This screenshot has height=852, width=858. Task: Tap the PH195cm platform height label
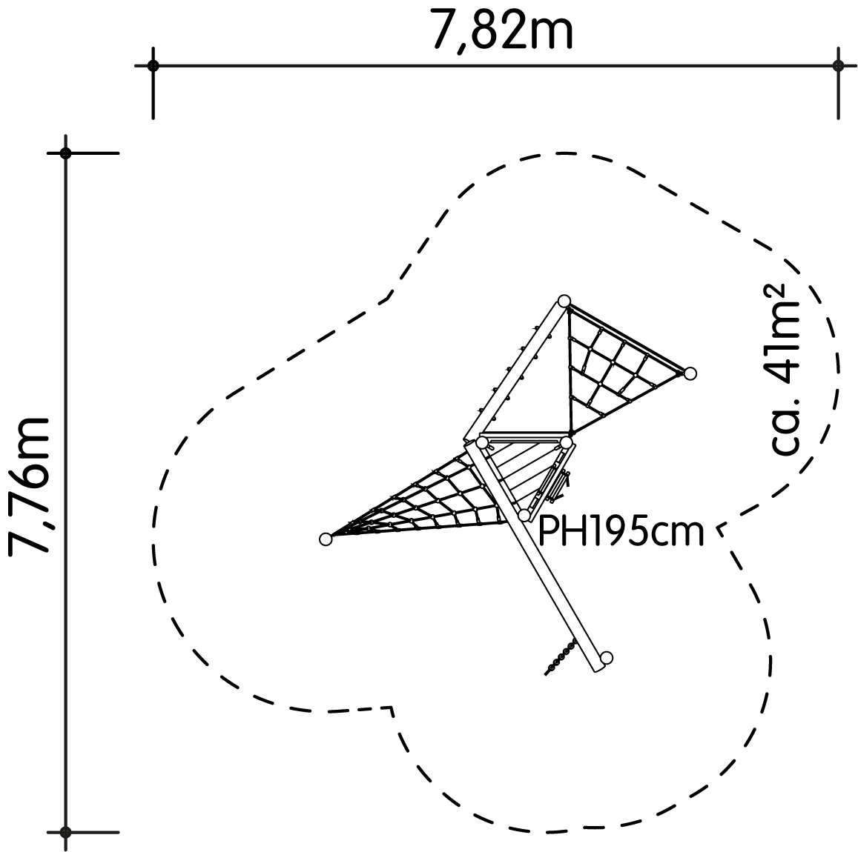tap(621, 532)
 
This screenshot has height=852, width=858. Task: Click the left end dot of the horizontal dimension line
tap(154, 66)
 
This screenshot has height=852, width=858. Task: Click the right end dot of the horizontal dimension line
tap(838, 66)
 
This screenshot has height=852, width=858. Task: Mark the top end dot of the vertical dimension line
tap(66, 153)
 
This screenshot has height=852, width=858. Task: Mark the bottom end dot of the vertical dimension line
tap(66, 832)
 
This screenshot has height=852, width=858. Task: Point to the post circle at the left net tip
tap(326, 539)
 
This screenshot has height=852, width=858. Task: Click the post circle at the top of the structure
tap(564, 301)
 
